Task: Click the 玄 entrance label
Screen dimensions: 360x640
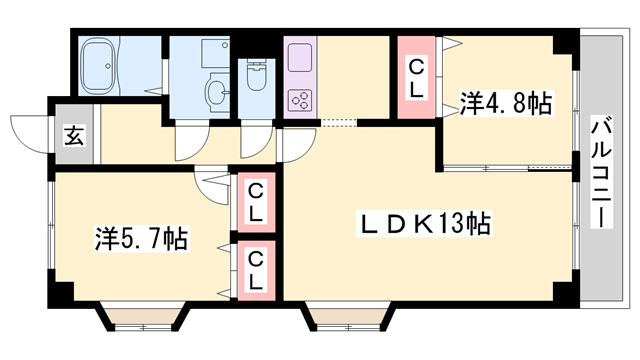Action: tap(74, 135)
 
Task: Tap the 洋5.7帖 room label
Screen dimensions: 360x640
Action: tap(142, 240)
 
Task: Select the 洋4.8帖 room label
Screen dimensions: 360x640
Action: tap(506, 102)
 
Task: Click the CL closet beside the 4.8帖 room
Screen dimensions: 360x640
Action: tap(417, 78)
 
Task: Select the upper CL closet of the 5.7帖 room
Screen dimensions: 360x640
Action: tap(256, 200)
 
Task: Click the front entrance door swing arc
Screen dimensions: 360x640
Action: tap(30, 133)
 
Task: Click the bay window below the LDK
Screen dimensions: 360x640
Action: tap(345, 319)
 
